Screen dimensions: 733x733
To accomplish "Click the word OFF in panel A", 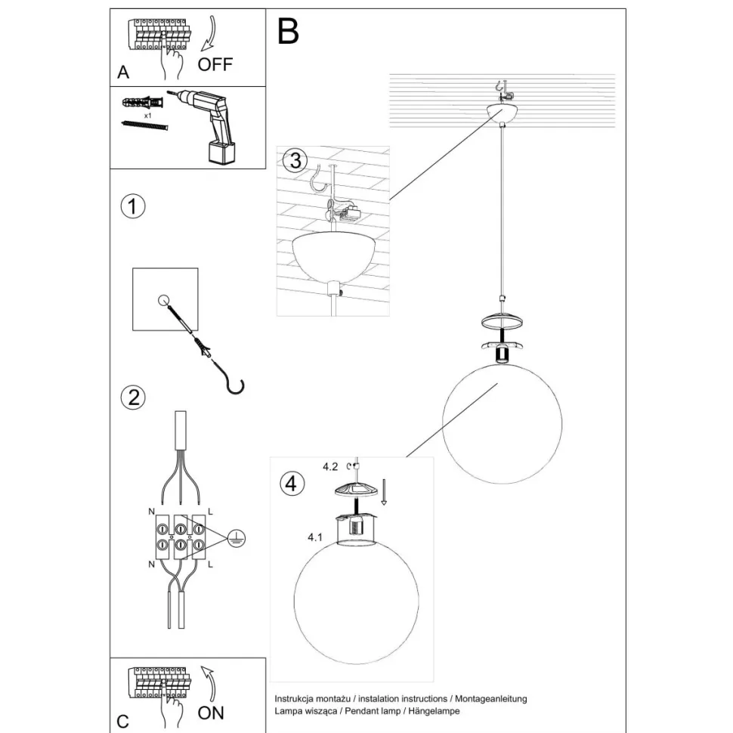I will pyautogui.click(x=215, y=64).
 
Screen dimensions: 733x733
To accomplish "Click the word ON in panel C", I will pyautogui.click(x=211, y=712).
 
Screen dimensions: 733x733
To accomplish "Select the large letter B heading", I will pyautogui.click(x=288, y=32).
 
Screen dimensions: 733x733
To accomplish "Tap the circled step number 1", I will pyautogui.click(x=133, y=207).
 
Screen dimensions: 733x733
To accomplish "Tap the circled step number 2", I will pyautogui.click(x=133, y=397).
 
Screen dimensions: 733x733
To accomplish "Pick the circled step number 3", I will pyautogui.click(x=295, y=161).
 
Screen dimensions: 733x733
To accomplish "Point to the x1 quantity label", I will pyautogui.click(x=148, y=117).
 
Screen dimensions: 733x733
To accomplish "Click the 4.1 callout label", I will pyautogui.click(x=316, y=538).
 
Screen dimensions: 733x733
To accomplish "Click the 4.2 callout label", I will pyautogui.click(x=329, y=467).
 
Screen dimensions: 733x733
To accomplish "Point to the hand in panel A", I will pyautogui.click(x=172, y=63).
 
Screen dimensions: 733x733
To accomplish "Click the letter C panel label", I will pyautogui.click(x=122, y=719).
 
